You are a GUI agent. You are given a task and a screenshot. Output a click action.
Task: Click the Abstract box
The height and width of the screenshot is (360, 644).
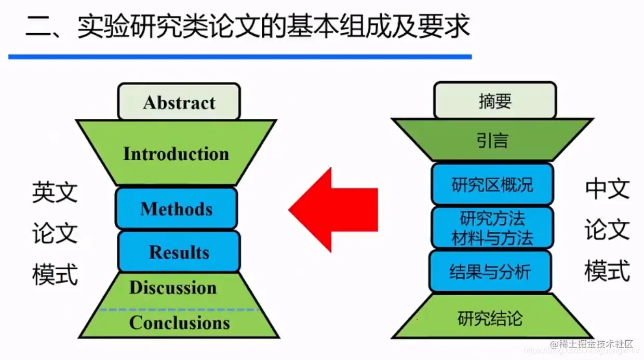179,102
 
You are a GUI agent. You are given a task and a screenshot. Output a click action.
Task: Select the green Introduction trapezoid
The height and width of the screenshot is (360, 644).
176,154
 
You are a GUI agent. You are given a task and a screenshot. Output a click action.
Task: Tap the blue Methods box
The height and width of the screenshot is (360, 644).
177,209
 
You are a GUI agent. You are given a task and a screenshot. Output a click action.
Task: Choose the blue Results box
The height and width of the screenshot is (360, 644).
179,252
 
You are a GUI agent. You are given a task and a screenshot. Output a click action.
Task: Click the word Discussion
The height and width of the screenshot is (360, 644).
173,288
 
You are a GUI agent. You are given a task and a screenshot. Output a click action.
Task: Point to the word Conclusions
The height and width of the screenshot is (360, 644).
179,323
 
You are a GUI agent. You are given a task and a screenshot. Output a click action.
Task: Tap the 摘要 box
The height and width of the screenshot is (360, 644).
494,101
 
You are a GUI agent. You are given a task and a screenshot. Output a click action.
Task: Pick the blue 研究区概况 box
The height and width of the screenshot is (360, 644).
492,184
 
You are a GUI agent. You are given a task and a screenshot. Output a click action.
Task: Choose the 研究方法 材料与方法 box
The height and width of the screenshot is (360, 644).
492,228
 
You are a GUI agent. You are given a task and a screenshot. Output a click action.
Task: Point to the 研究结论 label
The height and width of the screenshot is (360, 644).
490,317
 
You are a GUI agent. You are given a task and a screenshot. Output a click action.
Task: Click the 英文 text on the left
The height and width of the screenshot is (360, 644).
55,192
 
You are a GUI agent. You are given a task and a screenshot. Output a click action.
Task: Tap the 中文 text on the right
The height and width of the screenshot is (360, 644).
607,189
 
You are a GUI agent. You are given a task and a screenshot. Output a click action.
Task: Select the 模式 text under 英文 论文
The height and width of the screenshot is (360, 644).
55,274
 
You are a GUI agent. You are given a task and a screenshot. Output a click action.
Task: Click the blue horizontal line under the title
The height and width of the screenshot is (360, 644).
239,56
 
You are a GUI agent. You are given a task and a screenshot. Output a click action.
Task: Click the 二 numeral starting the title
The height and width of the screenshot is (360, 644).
37,26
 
